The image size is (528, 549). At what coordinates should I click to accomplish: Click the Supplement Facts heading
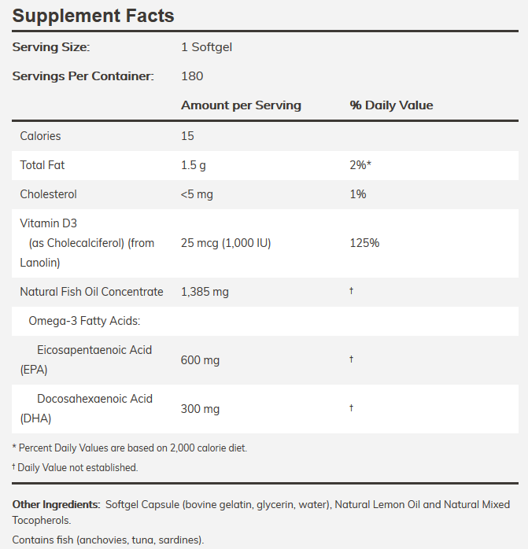point(93,16)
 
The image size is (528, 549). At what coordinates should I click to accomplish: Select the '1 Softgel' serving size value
point(206,47)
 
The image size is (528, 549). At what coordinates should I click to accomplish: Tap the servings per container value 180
point(192,76)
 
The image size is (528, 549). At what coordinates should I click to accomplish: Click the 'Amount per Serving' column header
point(241,105)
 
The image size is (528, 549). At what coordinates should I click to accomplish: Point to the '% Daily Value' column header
point(391,105)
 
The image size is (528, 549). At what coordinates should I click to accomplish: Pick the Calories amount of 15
point(187,136)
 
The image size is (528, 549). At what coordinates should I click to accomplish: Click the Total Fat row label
point(42,165)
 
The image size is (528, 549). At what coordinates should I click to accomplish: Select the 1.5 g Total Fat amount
point(194,165)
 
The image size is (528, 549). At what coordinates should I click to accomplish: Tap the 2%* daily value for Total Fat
point(360,165)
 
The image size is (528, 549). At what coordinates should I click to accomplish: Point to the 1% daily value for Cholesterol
point(358,194)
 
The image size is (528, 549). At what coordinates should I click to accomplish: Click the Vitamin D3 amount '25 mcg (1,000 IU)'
point(226,243)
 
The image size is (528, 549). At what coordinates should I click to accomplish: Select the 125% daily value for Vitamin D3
point(364,243)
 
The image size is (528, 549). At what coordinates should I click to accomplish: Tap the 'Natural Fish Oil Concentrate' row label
point(91,292)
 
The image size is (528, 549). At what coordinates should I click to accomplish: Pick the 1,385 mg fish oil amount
point(205,292)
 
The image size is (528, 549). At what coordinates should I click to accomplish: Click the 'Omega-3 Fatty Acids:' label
point(84,321)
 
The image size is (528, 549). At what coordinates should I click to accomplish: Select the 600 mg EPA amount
point(200,360)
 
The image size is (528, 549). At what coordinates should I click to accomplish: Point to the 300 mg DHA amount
point(200,409)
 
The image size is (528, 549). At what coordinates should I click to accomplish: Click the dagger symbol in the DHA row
point(352,407)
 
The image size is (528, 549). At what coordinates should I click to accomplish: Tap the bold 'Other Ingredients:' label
point(56,504)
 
